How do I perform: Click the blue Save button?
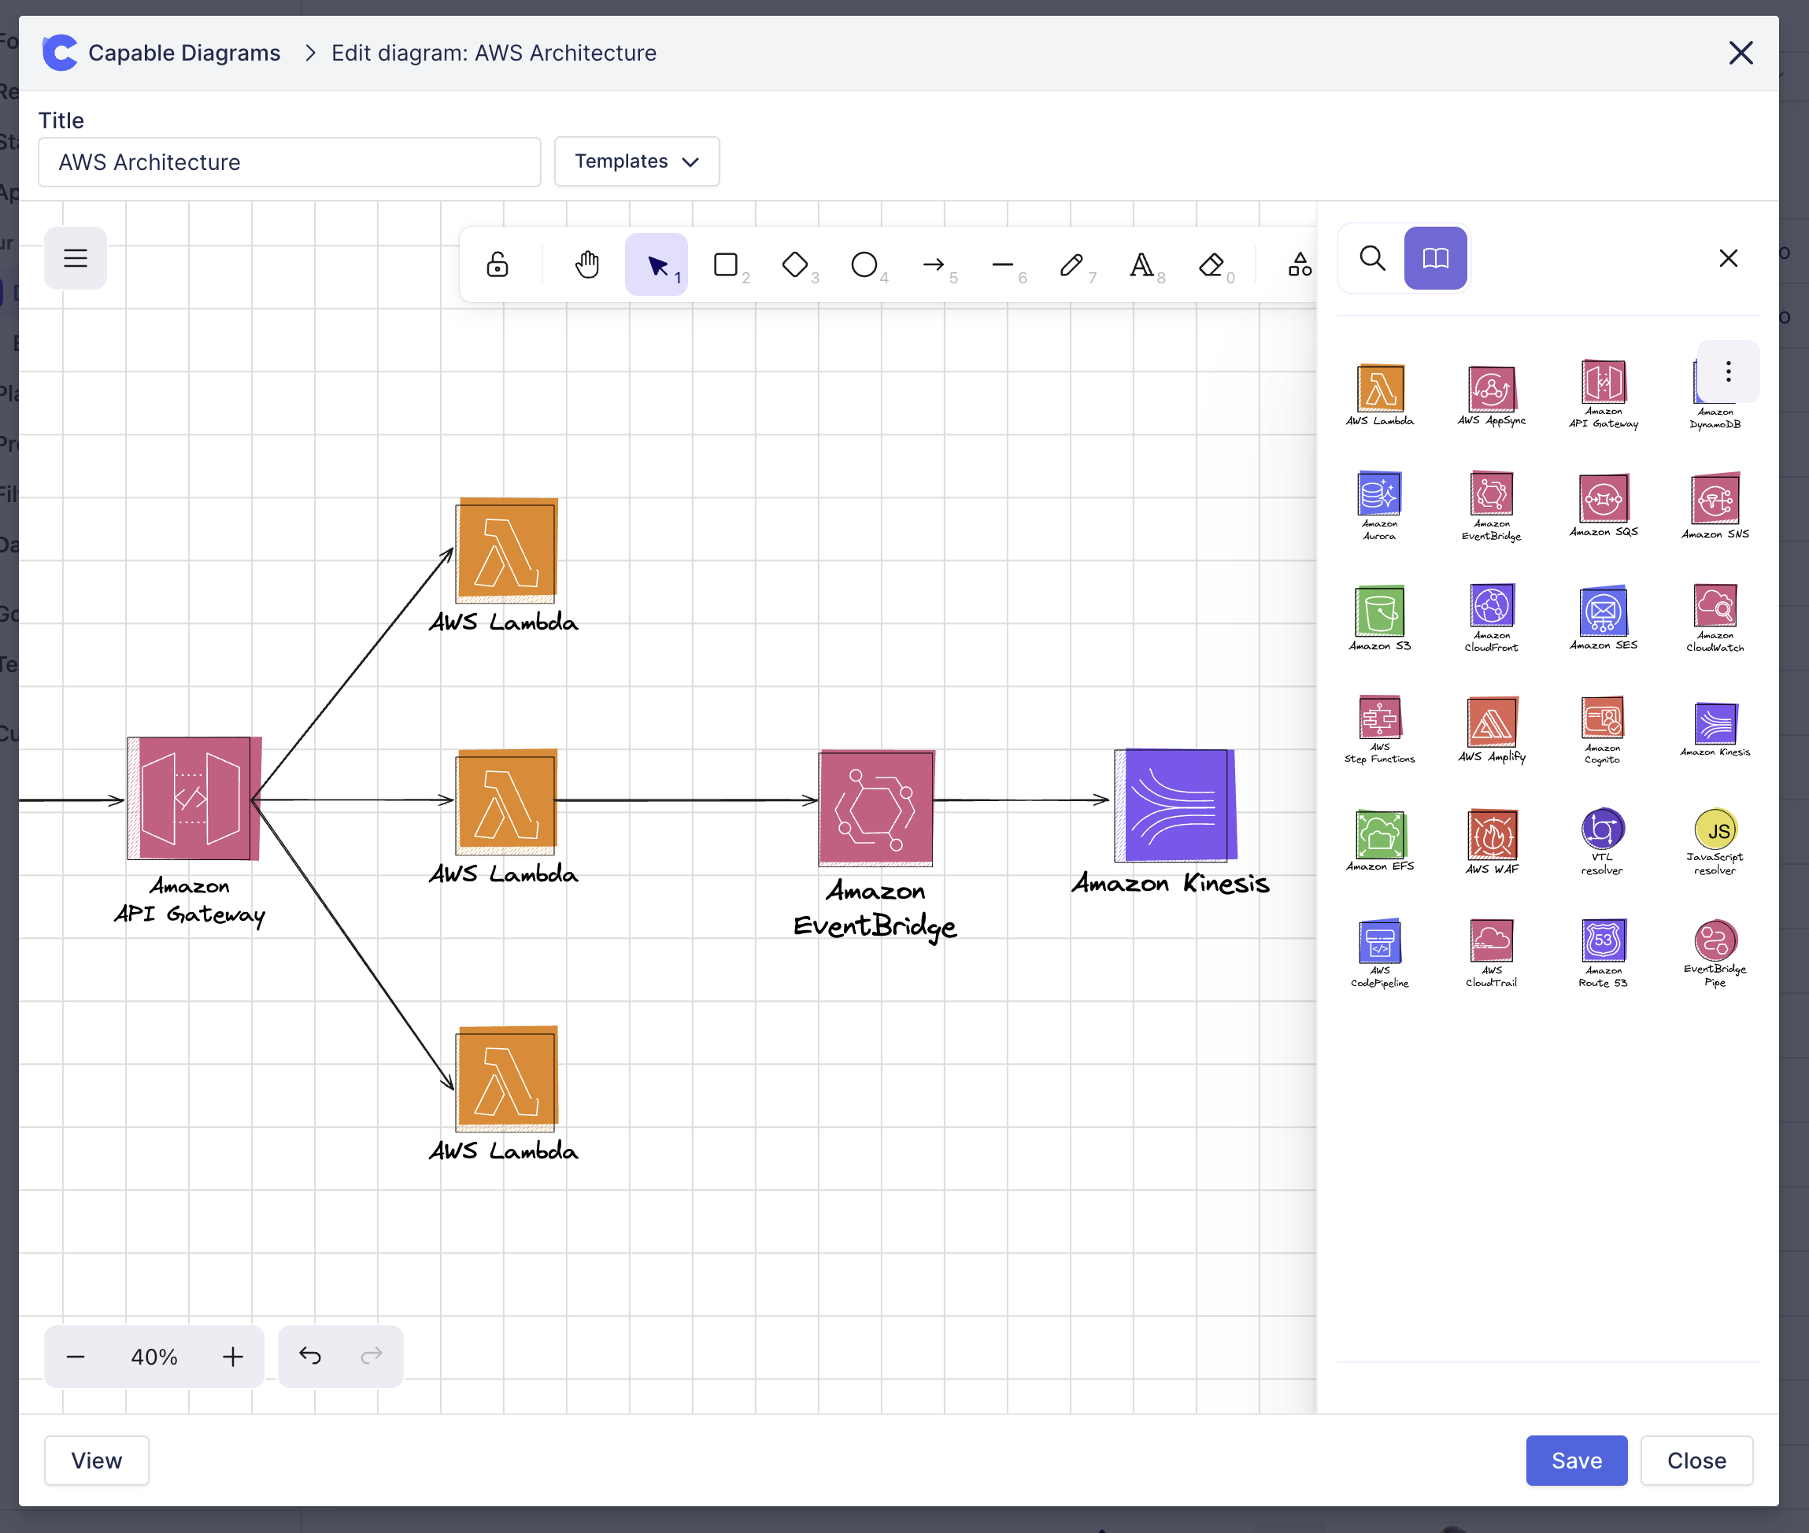click(x=1575, y=1460)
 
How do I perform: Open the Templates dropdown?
click(x=636, y=161)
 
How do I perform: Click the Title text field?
click(x=289, y=163)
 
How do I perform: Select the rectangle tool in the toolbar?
click(x=725, y=264)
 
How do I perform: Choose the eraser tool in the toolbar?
click(x=1210, y=264)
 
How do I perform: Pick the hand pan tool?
click(x=586, y=264)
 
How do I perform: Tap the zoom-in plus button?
click(x=232, y=1356)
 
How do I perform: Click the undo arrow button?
click(x=309, y=1356)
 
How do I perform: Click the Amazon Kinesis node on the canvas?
click(x=1175, y=805)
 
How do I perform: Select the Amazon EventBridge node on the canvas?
click(x=875, y=807)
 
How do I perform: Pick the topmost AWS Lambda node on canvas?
click(x=506, y=550)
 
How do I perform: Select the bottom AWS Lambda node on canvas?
click(x=506, y=1077)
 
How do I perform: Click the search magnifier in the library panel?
click(x=1372, y=258)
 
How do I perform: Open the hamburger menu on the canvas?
click(x=76, y=258)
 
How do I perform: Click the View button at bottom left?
click(x=97, y=1460)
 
